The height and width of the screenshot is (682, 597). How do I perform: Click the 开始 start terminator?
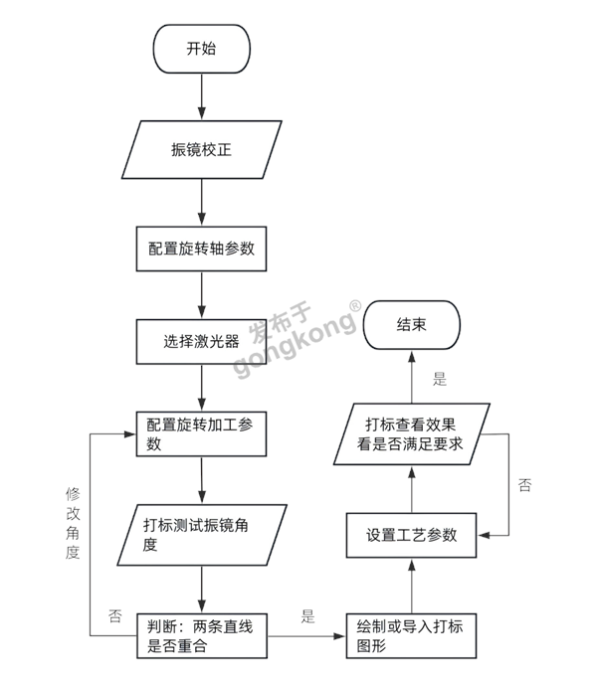point(201,49)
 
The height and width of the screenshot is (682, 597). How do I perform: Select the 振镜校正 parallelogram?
point(202,152)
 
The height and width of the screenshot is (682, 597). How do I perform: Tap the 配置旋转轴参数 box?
point(202,248)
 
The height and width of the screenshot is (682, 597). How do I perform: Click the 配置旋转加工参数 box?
point(202,434)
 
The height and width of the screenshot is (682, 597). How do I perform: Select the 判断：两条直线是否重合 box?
point(202,634)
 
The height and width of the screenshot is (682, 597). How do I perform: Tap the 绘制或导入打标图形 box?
point(411,634)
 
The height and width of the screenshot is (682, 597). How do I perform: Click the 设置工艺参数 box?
point(411,535)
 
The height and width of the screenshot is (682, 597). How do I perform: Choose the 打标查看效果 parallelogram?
point(411,432)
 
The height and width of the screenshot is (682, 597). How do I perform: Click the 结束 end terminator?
point(411,324)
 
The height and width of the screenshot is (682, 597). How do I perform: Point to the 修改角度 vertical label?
point(73,523)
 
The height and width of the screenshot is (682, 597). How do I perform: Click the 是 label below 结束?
point(440,378)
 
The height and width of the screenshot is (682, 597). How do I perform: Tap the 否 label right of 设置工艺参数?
point(524,485)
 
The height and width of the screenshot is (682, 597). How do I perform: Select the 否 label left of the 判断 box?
point(115,615)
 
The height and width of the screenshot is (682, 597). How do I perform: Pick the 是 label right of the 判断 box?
point(306,615)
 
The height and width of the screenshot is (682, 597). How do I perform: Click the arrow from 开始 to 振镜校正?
point(202,96)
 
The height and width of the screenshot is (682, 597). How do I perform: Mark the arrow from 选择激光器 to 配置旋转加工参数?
point(202,388)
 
